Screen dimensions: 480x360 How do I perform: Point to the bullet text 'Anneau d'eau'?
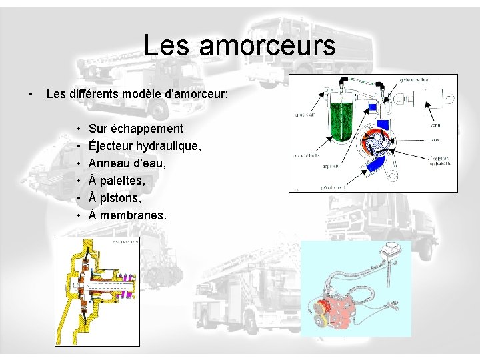click(127, 163)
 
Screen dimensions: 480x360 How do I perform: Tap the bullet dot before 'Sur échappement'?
click(79, 128)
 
